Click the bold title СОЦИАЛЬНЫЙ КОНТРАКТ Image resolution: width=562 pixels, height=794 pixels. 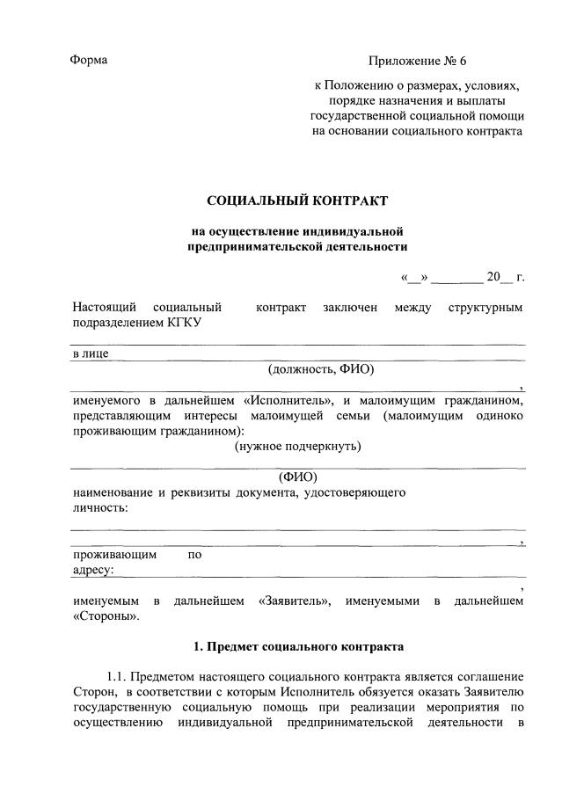click(x=297, y=201)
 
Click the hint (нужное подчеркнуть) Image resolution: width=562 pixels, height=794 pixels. click(x=297, y=446)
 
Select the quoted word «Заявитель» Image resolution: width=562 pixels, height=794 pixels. click(x=295, y=601)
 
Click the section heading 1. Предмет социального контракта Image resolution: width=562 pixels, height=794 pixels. click(x=298, y=647)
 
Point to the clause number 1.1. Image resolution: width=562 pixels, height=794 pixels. click(x=118, y=677)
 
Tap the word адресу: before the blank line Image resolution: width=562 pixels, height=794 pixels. click(x=92, y=570)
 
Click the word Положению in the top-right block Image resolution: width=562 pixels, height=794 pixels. click(x=359, y=86)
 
